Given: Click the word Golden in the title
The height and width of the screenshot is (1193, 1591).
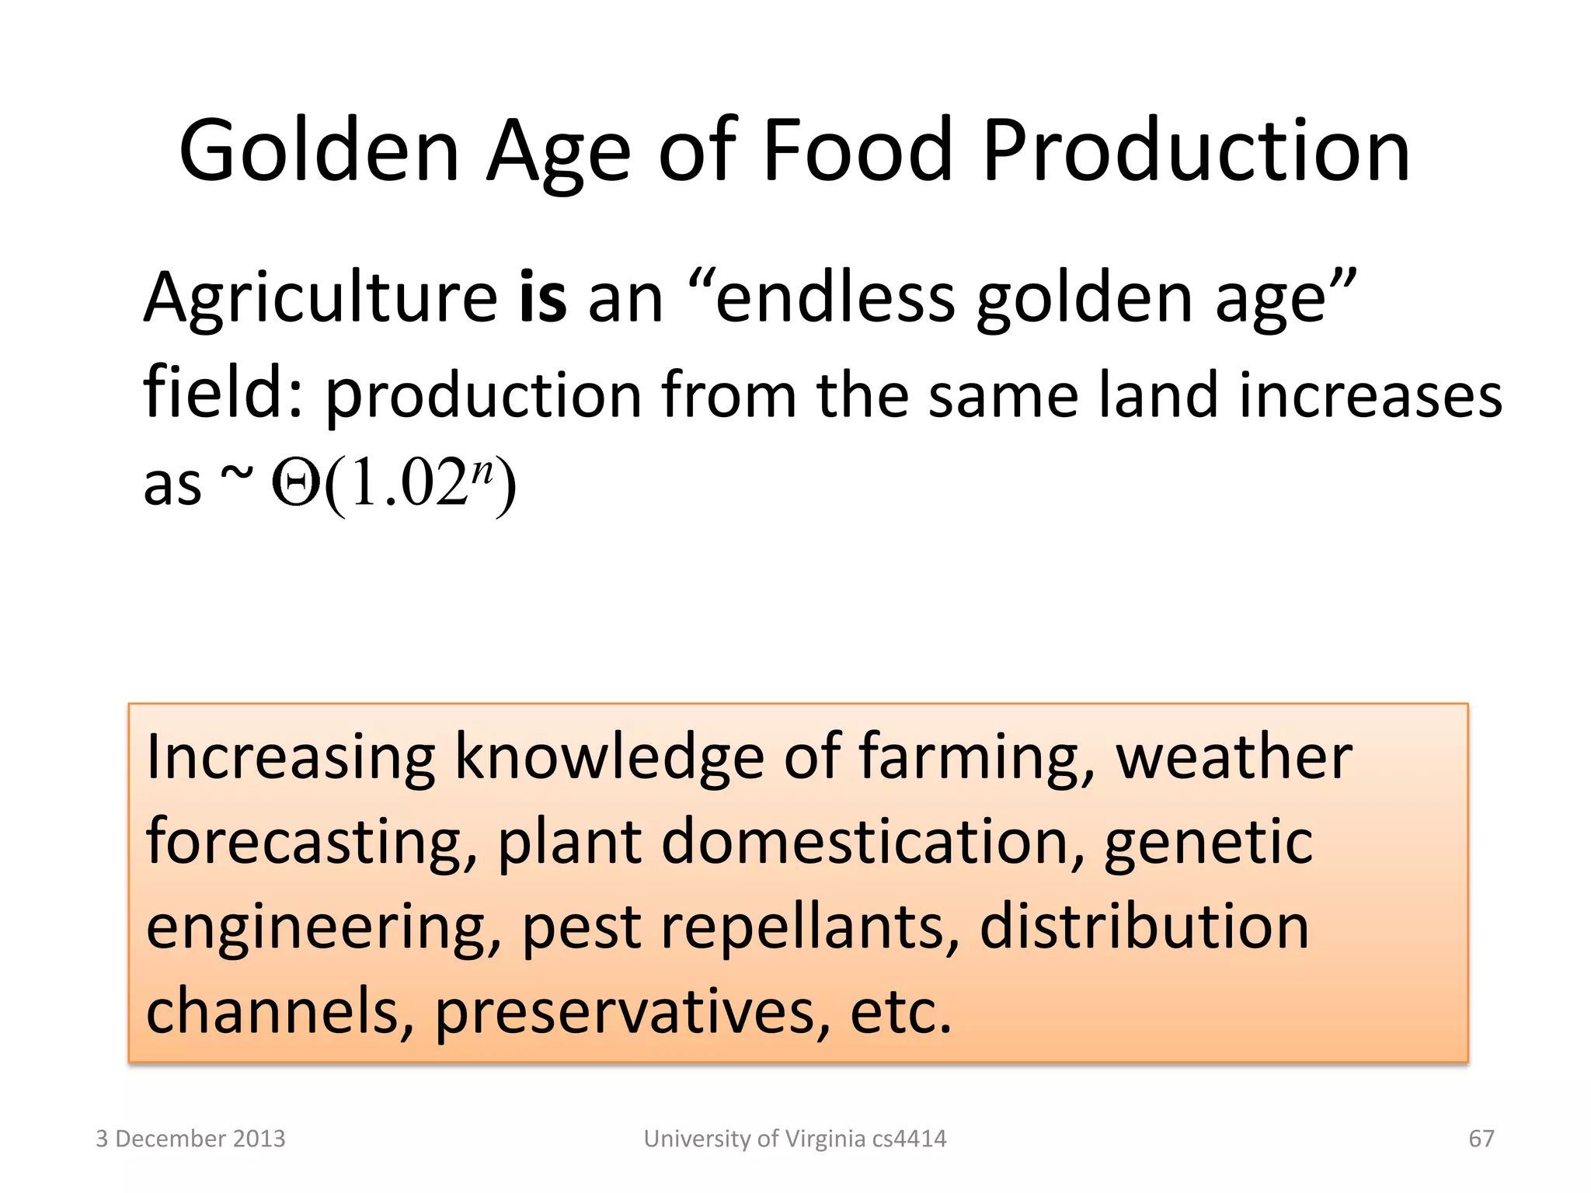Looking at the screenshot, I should [319, 151].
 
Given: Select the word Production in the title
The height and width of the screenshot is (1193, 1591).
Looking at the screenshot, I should [1196, 151].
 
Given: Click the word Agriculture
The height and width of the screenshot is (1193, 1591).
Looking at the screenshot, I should [320, 298].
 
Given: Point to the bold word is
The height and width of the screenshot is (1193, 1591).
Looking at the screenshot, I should [542, 298].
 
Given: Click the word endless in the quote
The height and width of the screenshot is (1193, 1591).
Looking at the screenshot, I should [835, 298].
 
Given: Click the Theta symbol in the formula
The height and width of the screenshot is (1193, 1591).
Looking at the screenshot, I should [295, 485].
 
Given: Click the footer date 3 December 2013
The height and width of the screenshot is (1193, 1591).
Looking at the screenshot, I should [190, 1139].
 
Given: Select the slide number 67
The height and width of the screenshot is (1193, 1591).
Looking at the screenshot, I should [1481, 1139].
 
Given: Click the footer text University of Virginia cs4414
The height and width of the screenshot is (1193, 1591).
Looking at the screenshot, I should [795, 1139].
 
